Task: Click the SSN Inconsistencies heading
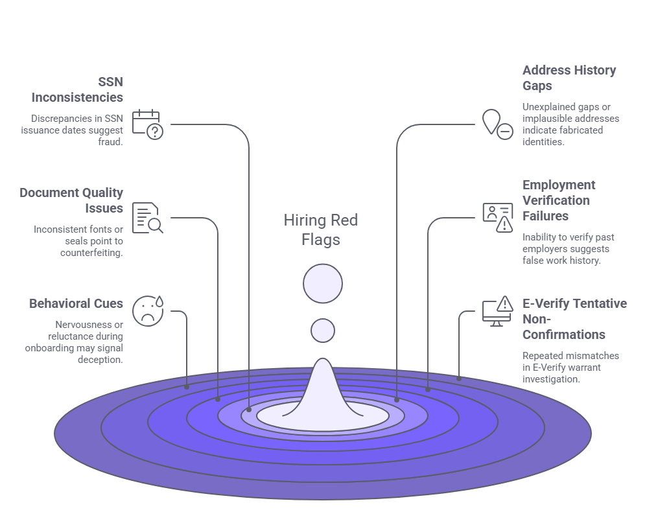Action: click(x=77, y=90)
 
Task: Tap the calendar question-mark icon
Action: click(x=148, y=124)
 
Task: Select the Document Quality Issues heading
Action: click(x=71, y=200)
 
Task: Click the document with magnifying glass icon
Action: click(x=148, y=218)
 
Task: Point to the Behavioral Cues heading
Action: click(x=76, y=303)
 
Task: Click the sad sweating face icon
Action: click(x=148, y=310)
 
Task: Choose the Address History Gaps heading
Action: click(x=569, y=78)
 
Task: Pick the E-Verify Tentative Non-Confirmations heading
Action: click(x=574, y=319)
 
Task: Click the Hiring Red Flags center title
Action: click(x=321, y=229)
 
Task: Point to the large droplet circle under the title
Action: click(x=323, y=283)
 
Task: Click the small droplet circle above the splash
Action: click(x=323, y=331)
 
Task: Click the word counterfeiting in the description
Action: click(x=91, y=253)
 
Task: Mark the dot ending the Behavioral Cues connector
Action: click(x=187, y=387)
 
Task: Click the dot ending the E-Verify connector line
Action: click(x=459, y=378)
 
